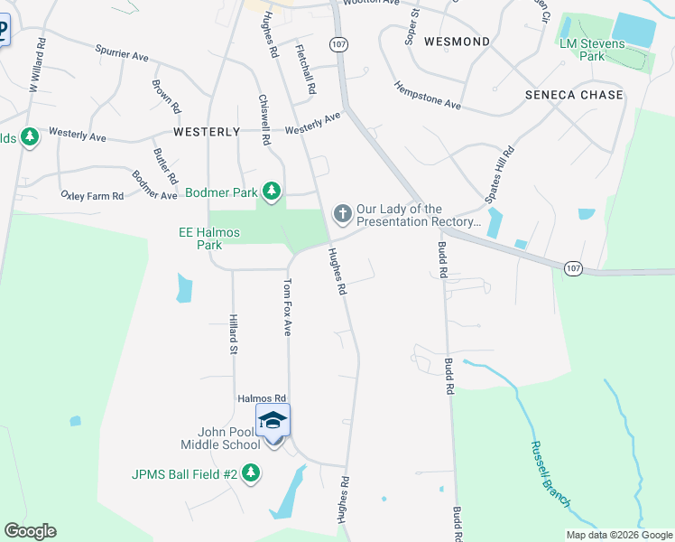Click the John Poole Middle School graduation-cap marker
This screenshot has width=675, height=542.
[273, 421]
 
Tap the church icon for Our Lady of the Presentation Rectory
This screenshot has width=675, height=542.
[342, 214]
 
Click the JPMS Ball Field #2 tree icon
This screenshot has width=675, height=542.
[251, 472]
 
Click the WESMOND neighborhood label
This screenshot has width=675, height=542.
[457, 42]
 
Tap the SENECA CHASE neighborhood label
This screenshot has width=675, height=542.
[575, 95]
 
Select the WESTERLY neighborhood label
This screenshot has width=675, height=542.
[207, 131]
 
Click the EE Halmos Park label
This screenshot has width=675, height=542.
[209, 238]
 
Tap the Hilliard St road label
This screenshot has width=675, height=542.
[233, 333]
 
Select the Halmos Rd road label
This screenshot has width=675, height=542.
[261, 397]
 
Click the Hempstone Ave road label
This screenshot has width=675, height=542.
[427, 96]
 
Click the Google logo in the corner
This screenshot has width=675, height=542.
[30, 531]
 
